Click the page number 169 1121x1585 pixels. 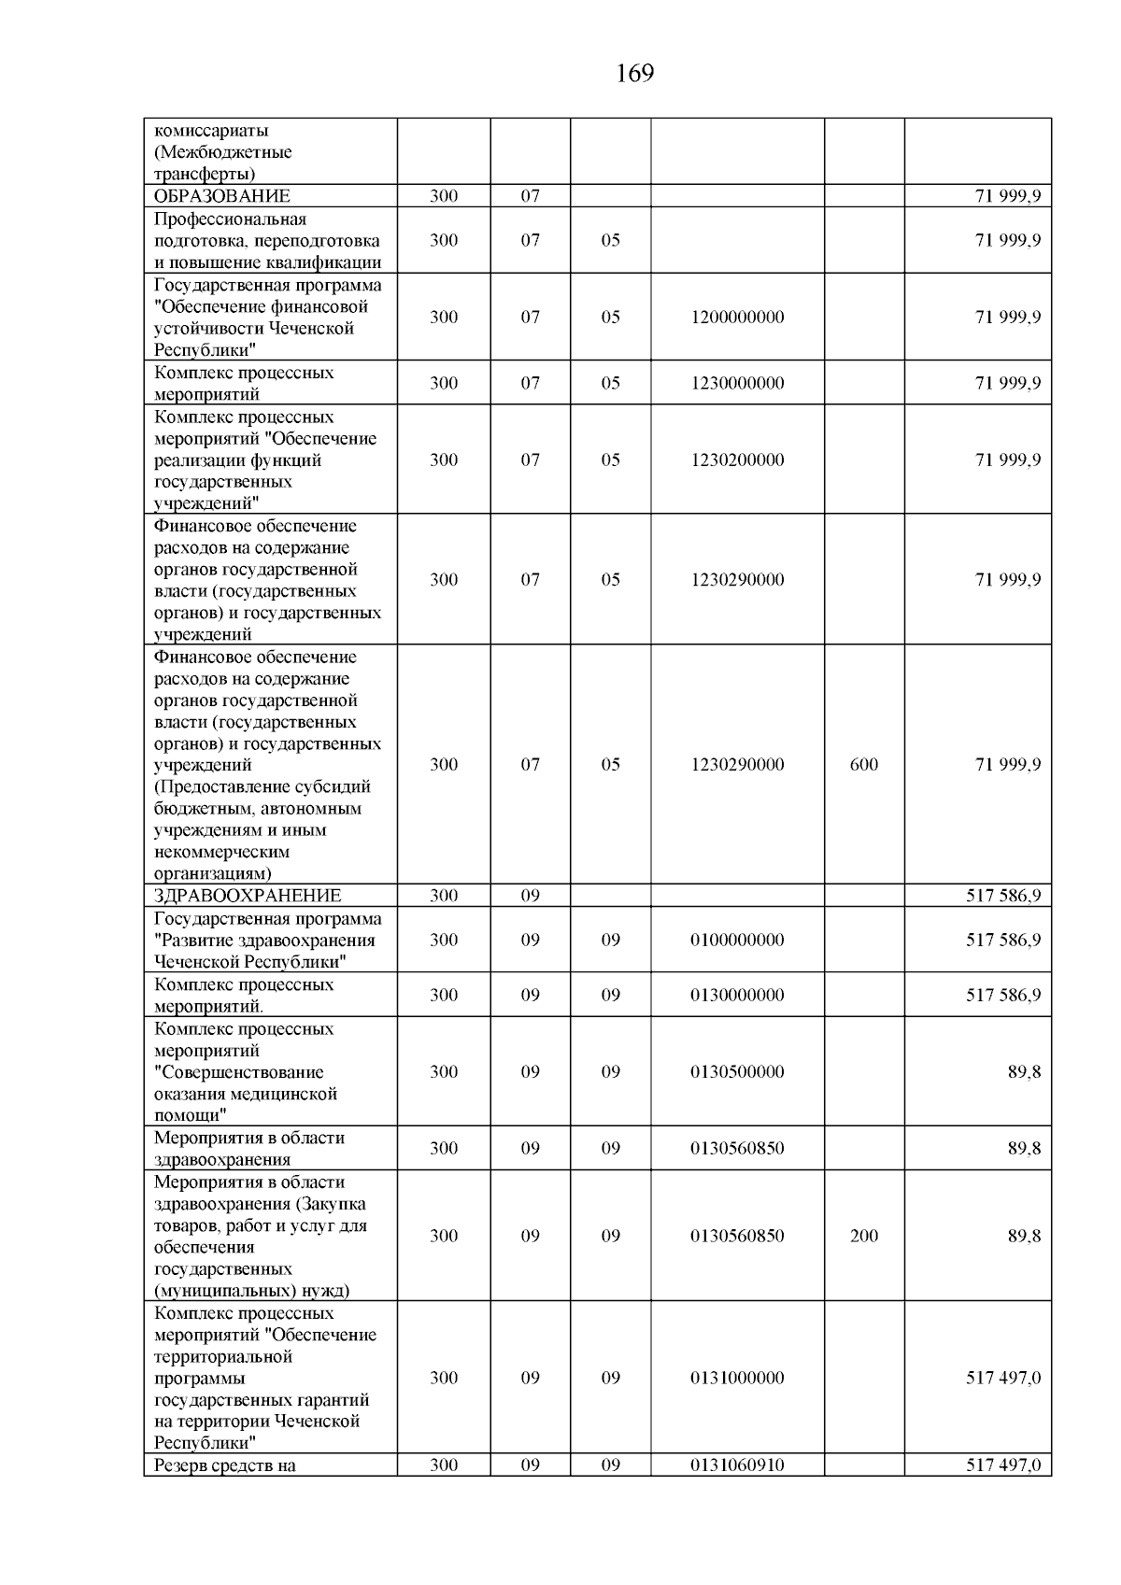pyautogui.click(x=635, y=74)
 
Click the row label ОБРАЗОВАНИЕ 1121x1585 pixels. pyautogui.click(x=221, y=196)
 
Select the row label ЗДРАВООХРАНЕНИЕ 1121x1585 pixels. pyautogui.click(x=247, y=896)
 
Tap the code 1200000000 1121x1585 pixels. pyautogui.click(x=737, y=317)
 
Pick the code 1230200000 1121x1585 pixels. pyautogui.click(x=737, y=460)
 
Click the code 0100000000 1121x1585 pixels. pyautogui.click(x=737, y=940)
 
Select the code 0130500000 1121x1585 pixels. pyautogui.click(x=737, y=1071)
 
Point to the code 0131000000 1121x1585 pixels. pyautogui.click(x=737, y=1378)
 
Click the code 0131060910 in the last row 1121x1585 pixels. pyautogui.click(x=737, y=1465)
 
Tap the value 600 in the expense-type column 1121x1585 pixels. pyautogui.click(x=863, y=765)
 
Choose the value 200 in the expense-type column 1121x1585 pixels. pyautogui.click(x=863, y=1236)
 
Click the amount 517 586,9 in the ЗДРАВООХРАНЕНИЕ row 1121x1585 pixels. pyautogui.click(x=1003, y=896)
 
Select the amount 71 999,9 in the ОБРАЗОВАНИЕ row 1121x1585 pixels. pyautogui.click(x=1008, y=196)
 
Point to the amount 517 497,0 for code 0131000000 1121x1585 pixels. pyautogui.click(x=1003, y=1378)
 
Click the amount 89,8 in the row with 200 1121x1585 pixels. pyautogui.click(x=1024, y=1236)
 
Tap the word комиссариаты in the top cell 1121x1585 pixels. pyautogui.click(x=210, y=131)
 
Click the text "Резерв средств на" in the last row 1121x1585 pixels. pyautogui.click(x=224, y=1465)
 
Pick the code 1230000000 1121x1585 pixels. pyautogui.click(x=737, y=383)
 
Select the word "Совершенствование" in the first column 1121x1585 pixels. pyautogui.click(x=239, y=1072)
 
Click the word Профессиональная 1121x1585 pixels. pyautogui.click(x=230, y=219)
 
